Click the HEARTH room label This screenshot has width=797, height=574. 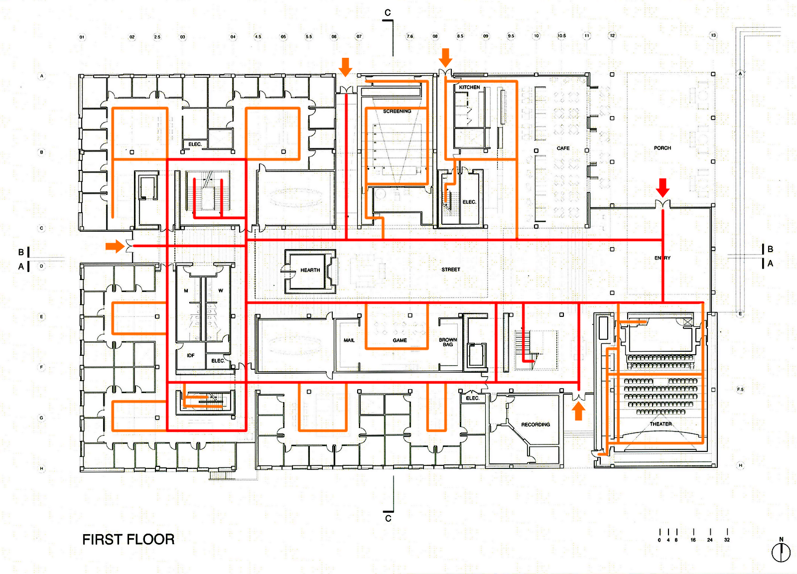(310, 270)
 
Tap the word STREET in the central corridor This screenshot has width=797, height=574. (451, 270)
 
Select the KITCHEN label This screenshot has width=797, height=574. (469, 87)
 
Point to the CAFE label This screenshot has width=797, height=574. (563, 148)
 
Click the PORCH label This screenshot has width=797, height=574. (662, 148)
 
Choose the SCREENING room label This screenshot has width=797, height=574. (397, 111)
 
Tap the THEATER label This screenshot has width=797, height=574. (661, 424)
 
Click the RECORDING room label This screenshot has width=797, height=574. (535, 425)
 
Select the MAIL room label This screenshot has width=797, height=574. (349, 340)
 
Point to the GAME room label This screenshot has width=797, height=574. (399, 340)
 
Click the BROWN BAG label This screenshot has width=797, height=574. (448, 342)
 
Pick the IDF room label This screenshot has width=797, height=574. (191, 355)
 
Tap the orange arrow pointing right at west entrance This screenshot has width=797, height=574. (115, 246)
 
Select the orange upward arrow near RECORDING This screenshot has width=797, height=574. (578, 411)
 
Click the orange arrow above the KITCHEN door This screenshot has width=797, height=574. (445, 57)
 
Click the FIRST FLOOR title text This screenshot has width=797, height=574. (128, 539)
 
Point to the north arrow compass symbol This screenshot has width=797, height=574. (781, 552)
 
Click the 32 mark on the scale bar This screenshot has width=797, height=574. (727, 540)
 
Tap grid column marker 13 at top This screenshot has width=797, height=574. (713, 35)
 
